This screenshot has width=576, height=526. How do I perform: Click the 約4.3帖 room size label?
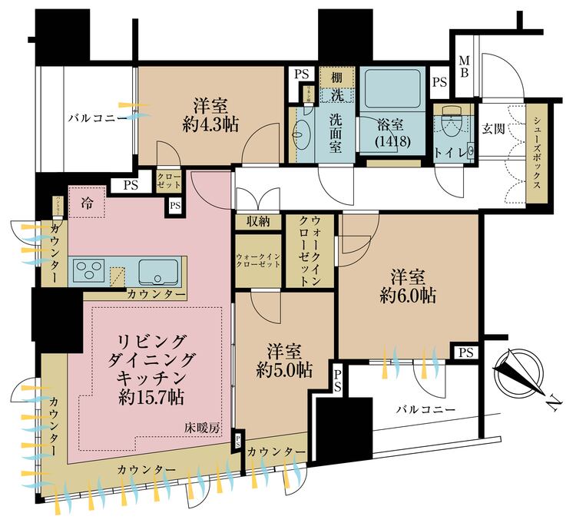204,126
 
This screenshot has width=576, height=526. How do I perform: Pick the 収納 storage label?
257,223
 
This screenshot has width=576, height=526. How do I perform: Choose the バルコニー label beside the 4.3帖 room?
98,117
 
